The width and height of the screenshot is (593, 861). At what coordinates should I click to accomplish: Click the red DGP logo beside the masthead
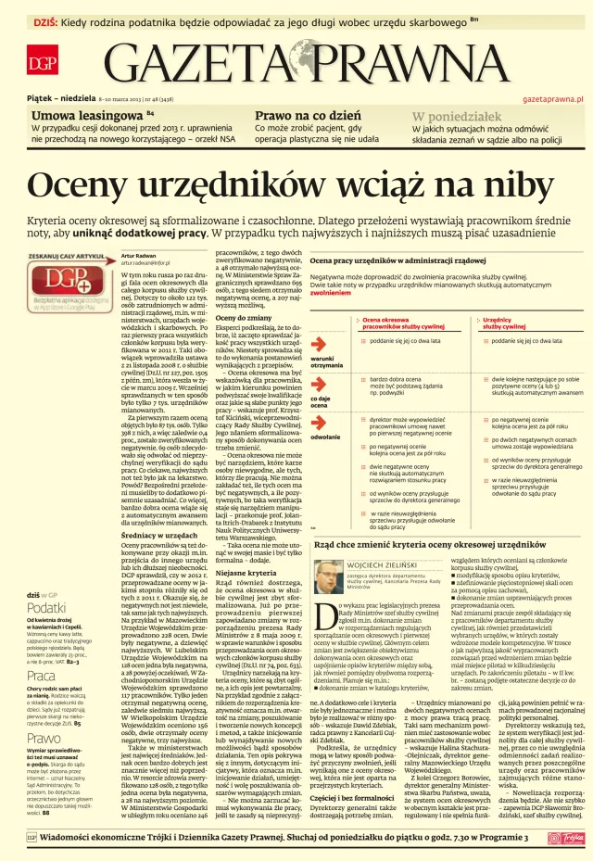click(x=41, y=63)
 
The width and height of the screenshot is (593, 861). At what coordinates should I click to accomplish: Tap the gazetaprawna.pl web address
click(x=553, y=97)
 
